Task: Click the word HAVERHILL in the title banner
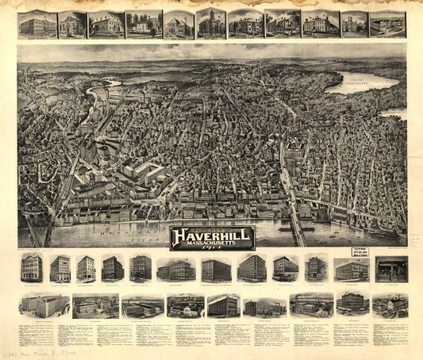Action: pos(212,236)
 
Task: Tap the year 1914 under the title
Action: pos(212,247)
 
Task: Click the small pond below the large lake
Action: pos(392,113)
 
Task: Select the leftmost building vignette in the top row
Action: pos(37,25)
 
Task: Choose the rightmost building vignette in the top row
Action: pos(386,25)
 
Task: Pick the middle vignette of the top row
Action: pos(211,24)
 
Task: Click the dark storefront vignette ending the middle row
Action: pos(390,269)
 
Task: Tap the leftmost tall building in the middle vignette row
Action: pos(33,268)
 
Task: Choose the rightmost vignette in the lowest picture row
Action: pos(390,305)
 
